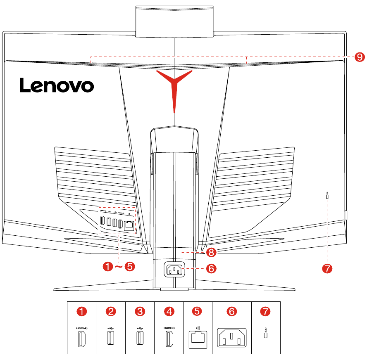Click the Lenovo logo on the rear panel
[x=57, y=86]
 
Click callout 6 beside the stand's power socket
[x=211, y=268]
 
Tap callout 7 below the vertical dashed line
[x=327, y=268]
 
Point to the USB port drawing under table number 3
[x=140, y=339]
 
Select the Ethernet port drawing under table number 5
[x=197, y=339]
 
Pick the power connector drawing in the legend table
[x=232, y=339]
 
